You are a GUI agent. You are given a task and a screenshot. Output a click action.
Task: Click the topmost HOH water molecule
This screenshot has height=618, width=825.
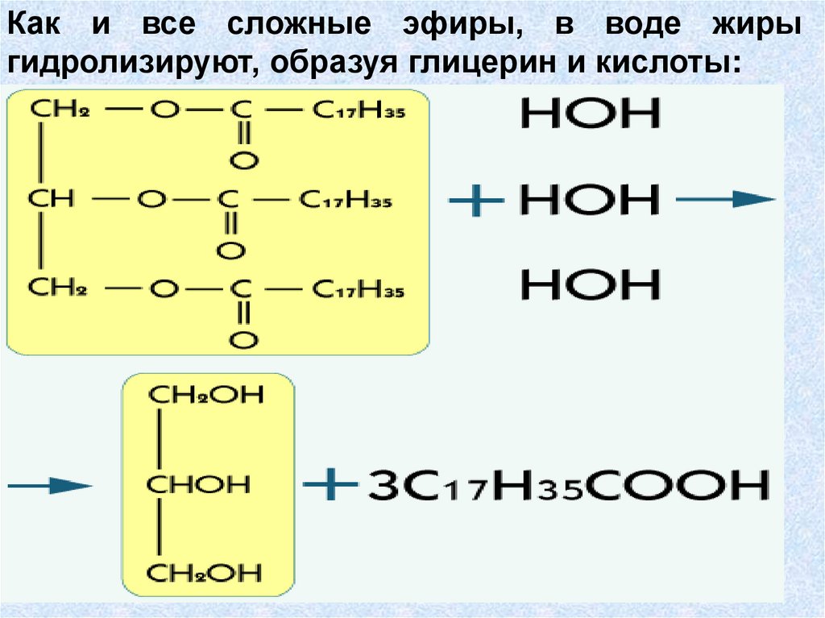590,114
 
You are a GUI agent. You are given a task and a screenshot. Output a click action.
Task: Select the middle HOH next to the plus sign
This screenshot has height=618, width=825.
590,200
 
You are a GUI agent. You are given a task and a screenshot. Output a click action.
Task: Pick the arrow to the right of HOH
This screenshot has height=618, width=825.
725,201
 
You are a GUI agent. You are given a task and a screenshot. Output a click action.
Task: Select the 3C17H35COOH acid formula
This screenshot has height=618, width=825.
568,486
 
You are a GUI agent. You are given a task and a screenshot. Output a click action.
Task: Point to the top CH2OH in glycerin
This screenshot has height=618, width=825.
205,397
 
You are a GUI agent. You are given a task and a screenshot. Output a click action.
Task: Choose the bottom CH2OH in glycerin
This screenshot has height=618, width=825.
205,573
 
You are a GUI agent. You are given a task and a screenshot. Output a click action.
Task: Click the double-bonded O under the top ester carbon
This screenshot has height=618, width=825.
243,161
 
